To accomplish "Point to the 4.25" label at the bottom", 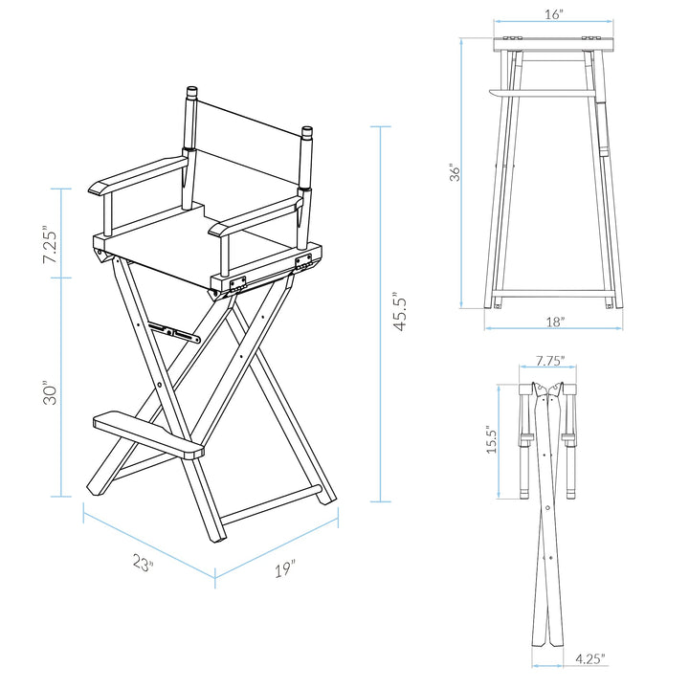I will point(589,658).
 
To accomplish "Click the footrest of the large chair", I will point(148,435).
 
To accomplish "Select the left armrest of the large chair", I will point(134,174).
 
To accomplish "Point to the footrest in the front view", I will point(541,93).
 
